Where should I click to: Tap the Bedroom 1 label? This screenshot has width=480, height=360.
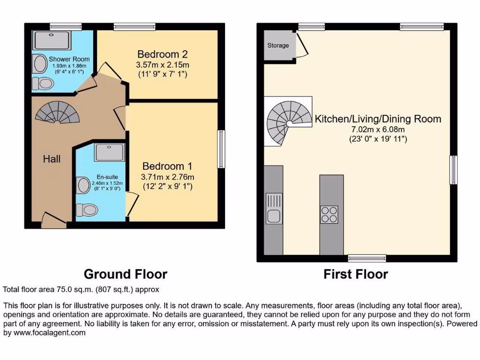click(x=167, y=166)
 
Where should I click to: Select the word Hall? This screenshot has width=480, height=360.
click(x=52, y=159)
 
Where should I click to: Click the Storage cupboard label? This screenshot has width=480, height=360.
click(x=278, y=45)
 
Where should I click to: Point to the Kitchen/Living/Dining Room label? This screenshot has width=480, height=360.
click(x=378, y=119)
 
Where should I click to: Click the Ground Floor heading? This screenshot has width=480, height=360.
click(x=125, y=274)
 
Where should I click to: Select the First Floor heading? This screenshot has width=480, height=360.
click(x=355, y=274)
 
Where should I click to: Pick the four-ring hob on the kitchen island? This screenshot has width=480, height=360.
click(x=330, y=214)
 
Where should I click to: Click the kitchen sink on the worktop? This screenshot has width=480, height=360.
click(x=273, y=216)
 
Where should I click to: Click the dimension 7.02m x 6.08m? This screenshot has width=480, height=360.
click(x=378, y=129)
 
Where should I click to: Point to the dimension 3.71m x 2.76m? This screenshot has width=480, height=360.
click(x=167, y=177)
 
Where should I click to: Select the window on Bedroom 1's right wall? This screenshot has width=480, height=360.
click(x=220, y=149)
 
